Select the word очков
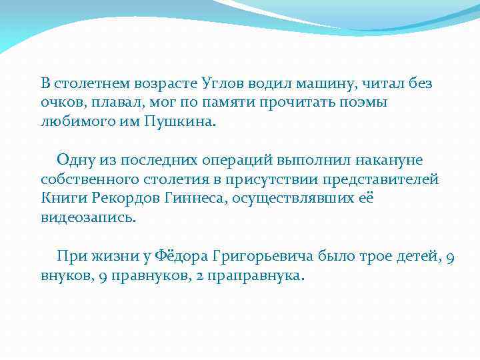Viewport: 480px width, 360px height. (59, 103)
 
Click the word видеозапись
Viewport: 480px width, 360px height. (87, 218)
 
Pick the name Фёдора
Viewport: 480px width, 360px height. (180, 256)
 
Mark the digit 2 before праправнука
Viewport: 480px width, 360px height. (199, 275)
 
